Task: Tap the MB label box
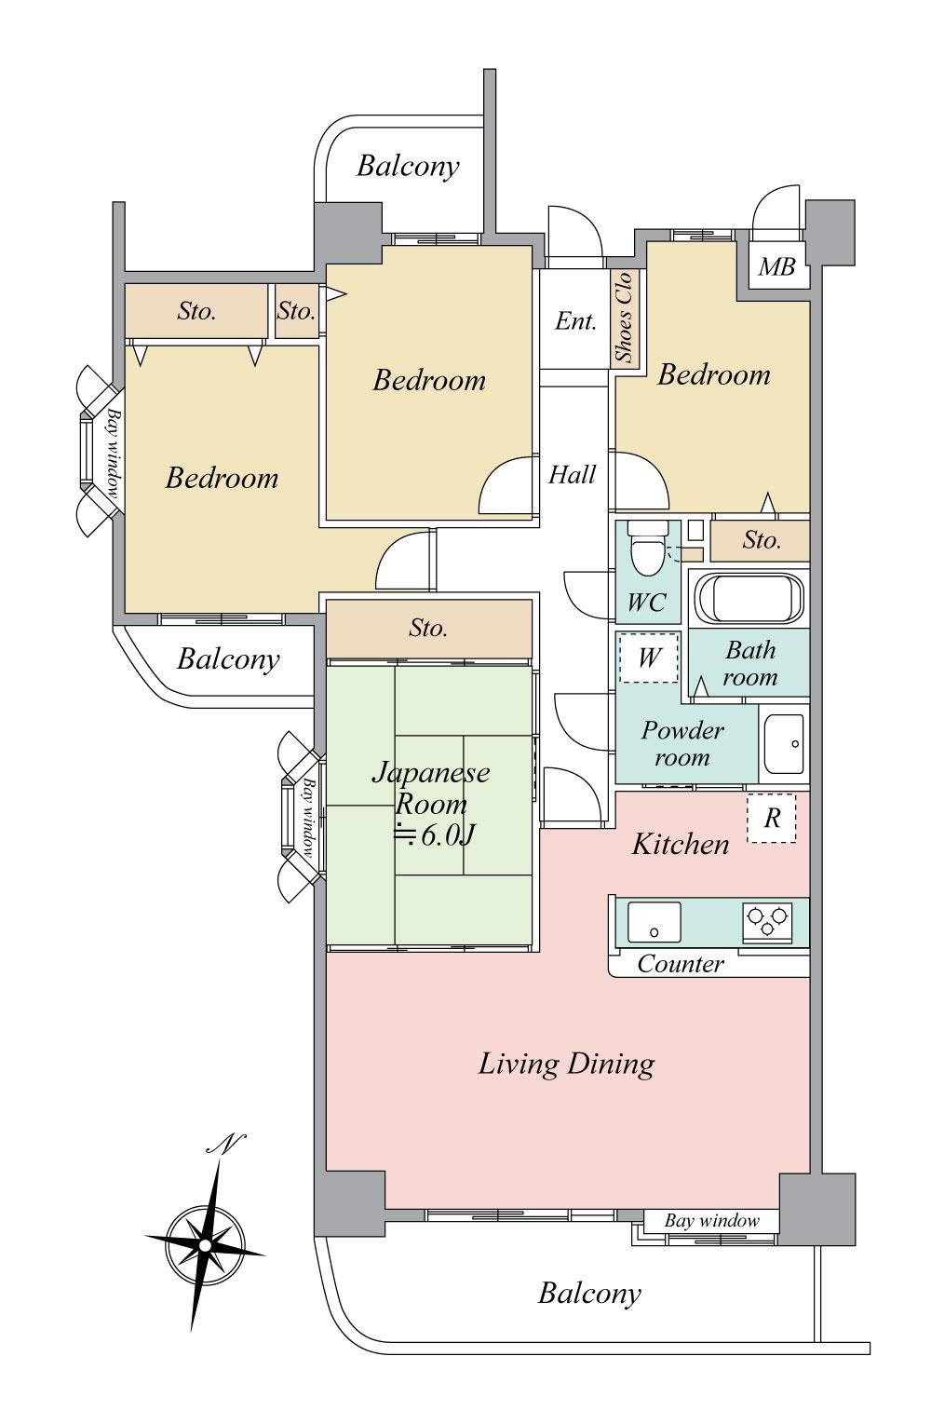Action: (x=777, y=267)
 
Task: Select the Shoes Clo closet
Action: (x=626, y=319)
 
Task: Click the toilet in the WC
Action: (x=646, y=547)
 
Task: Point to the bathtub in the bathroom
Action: (x=749, y=598)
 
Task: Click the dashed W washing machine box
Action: (x=649, y=658)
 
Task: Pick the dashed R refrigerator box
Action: (x=772, y=818)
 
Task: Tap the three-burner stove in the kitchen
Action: (x=768, y=921)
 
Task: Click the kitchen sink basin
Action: (x=654, y=922)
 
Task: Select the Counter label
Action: (x=680, y=964)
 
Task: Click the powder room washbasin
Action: (x=784, y=744)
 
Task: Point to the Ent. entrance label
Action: (x=575, y=321)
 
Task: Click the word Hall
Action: (x=572, y=475)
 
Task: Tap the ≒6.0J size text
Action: (x=434, y=835)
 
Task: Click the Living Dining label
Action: (x=566, y=1065)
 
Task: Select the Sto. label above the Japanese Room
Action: (x=427, y=628)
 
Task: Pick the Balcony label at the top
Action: (x=408, y=167)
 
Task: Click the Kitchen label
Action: (x=680, y=845)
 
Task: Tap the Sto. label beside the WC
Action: (x=762, y=540)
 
